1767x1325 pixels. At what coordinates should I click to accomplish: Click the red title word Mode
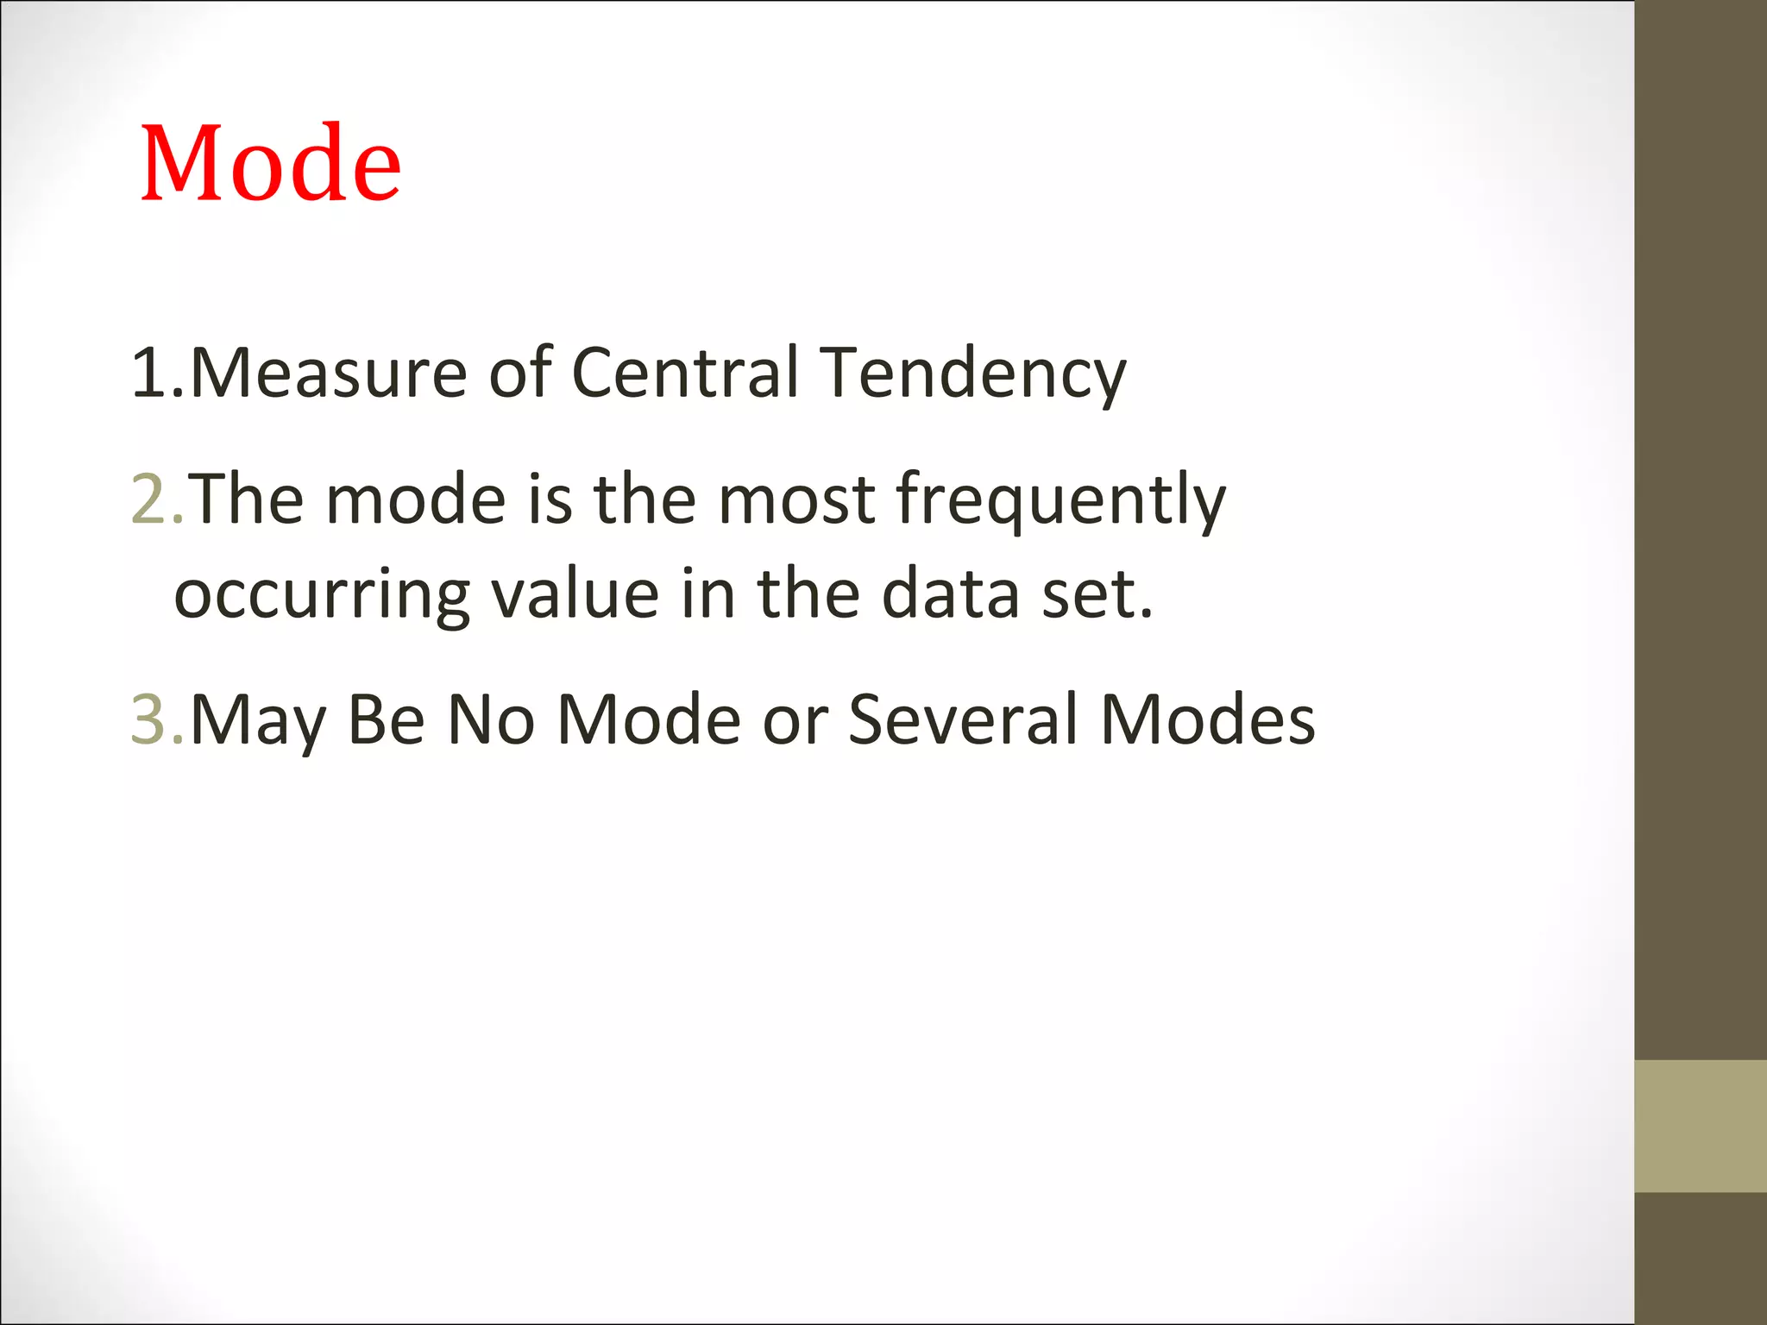[270, 163]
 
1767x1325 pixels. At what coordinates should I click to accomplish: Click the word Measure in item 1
[328, 373]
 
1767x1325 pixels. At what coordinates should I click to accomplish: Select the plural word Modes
[1208, 719]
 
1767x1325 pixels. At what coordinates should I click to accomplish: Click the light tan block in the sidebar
[1700, 1126]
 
